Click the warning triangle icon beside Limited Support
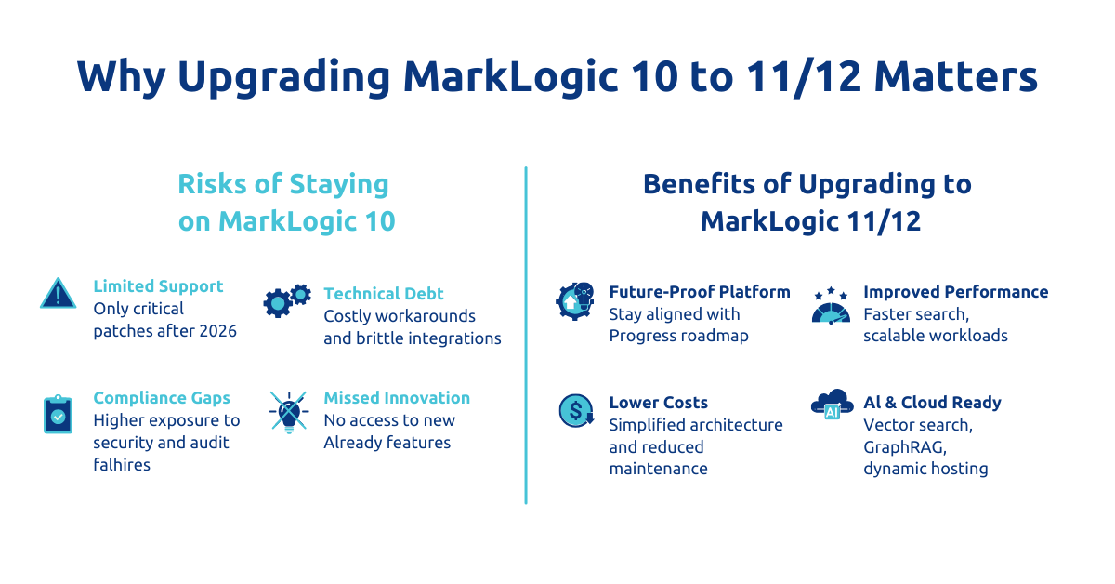pos(59,294)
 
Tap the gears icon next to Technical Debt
pos(287,300)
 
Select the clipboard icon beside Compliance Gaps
pos(59,414)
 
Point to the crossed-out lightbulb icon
pos(289,412)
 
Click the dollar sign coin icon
pos(576,411)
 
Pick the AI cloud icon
pos(832,405)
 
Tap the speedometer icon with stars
pos(831,305)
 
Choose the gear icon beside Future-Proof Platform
pos(575,301)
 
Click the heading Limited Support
pos(158,286)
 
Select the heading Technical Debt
pos(383,294)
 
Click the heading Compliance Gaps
pos(162,398)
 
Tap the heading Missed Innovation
pos(397,398)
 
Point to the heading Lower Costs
pos(658,402)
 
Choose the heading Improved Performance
pos(956,291)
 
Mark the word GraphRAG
pos(905,447)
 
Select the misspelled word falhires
pos(122,464)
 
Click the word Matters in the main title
pos(956,76)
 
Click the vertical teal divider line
pos(526,336)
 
